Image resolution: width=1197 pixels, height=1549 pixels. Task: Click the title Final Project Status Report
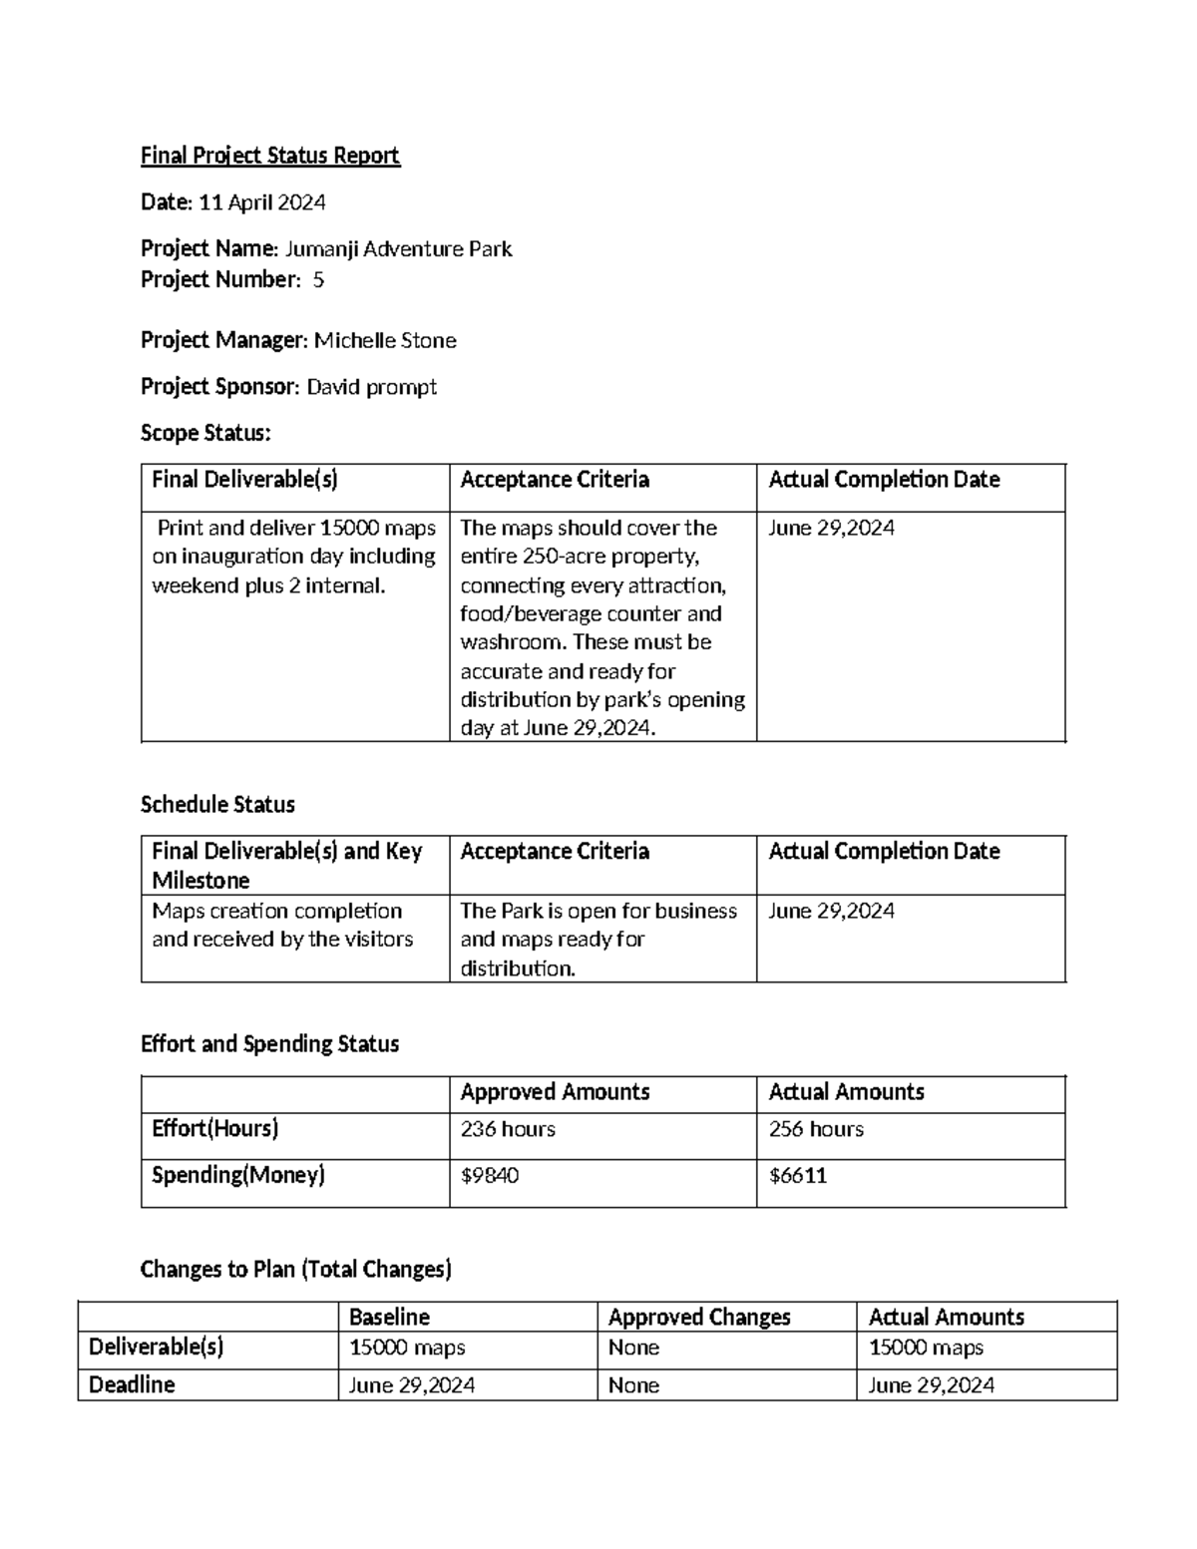click(x=269, y=156)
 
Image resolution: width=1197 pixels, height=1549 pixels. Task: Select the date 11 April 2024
click(x=262, y=202)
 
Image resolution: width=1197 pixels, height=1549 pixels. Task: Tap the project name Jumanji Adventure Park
click(x=398, y=248)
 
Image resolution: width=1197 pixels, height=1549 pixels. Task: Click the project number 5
click(x=317, y=279)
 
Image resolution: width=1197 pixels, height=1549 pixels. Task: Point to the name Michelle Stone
click(x=385, y=340)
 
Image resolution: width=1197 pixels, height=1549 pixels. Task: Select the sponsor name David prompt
click(x=371, y=386)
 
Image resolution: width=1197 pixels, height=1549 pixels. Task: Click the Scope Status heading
click(x=205, y=433)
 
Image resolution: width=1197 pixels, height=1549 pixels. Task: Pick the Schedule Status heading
click(x=217, y=804)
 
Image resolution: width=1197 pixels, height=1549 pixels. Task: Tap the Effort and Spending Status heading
click(x=269, y=1043)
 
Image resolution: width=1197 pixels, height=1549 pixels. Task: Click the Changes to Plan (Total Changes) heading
click(x=295, y=1269)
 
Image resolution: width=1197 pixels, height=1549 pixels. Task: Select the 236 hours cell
click(x=508, y=1129)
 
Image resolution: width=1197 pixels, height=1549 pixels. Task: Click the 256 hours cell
click(x=816, y=1129)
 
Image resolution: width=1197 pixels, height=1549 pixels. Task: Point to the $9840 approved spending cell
click(x=490, y=1176)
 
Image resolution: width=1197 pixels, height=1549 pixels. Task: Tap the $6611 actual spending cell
click(x=798, y=1176)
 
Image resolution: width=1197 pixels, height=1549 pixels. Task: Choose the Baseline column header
click(x=389, y=1317)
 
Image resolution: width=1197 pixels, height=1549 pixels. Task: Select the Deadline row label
click(x=132, y=1384)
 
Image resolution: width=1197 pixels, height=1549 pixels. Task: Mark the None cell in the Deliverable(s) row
click(x=633, y=1348)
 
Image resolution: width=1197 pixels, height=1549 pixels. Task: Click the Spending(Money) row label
click(x=238, y=1175)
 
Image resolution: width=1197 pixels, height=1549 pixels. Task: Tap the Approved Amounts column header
click(x=555, y=1092)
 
